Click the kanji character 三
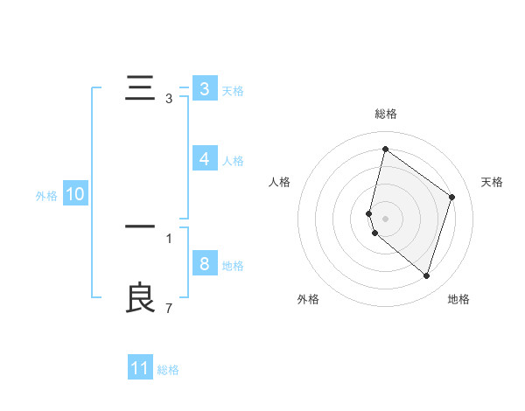click(140, 89)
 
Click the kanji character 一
click(140, 227)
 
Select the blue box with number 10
click(75, 195)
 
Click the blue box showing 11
click(140, 368)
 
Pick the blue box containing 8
click(204, 264)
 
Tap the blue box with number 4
click(204, 159)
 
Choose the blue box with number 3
click(204, 89)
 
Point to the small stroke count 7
click(169, 309)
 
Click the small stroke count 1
click(169, 238)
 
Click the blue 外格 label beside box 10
click(46, 196)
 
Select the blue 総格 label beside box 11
click(168, 370)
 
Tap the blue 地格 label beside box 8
click(233, 266)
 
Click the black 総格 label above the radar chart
click(385, 114)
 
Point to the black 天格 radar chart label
click(492, 182)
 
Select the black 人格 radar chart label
click(279, 182)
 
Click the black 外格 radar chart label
click(307, 299)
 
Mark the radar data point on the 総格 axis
click(385, 149)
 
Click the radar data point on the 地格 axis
click(426, 275)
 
